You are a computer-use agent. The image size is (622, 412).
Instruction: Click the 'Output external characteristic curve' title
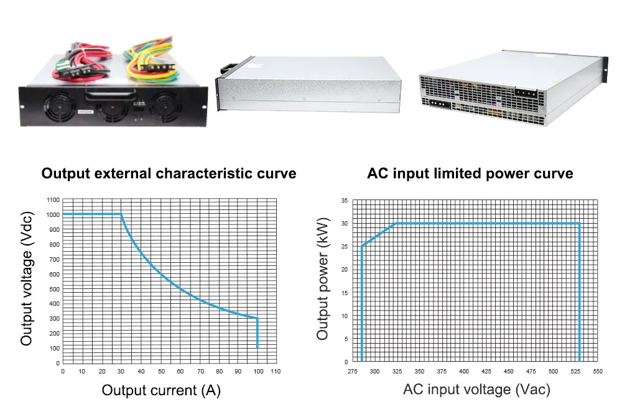[x=169, y=173]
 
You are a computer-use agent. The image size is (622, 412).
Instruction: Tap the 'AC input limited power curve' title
[x=470, y=173]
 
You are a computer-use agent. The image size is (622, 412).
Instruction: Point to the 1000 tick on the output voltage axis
[x=53, y=215]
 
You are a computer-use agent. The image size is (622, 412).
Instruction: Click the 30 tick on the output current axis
[x=121, y=372]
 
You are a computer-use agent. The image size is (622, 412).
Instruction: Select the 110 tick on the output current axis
[x=276, y=372]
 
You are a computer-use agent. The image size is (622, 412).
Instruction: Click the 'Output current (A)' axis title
[x=161, y=390]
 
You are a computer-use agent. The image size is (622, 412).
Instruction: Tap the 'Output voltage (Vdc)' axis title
[x=27, y=278]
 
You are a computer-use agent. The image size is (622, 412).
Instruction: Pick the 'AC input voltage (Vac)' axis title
[x=476, y=390]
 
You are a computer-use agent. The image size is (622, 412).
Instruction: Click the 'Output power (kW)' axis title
[x=322, y=278]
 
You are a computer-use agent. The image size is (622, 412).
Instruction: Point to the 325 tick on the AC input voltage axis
[x=397, y=372]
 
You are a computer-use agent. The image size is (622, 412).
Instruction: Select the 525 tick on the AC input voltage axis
[x=575, y=372]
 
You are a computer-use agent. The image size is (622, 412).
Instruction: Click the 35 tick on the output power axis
[x=345, y=201]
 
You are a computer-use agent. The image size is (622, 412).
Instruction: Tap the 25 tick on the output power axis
[x=345, y=247]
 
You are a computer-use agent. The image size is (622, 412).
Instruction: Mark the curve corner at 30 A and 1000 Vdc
[x=121, y=214]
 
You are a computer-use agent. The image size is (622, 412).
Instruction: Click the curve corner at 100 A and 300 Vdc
[x=258, y=318]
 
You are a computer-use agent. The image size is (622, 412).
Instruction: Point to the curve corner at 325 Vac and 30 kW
[x=397, y=224]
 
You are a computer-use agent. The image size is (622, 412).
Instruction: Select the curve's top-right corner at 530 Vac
[x=580, y=224]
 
